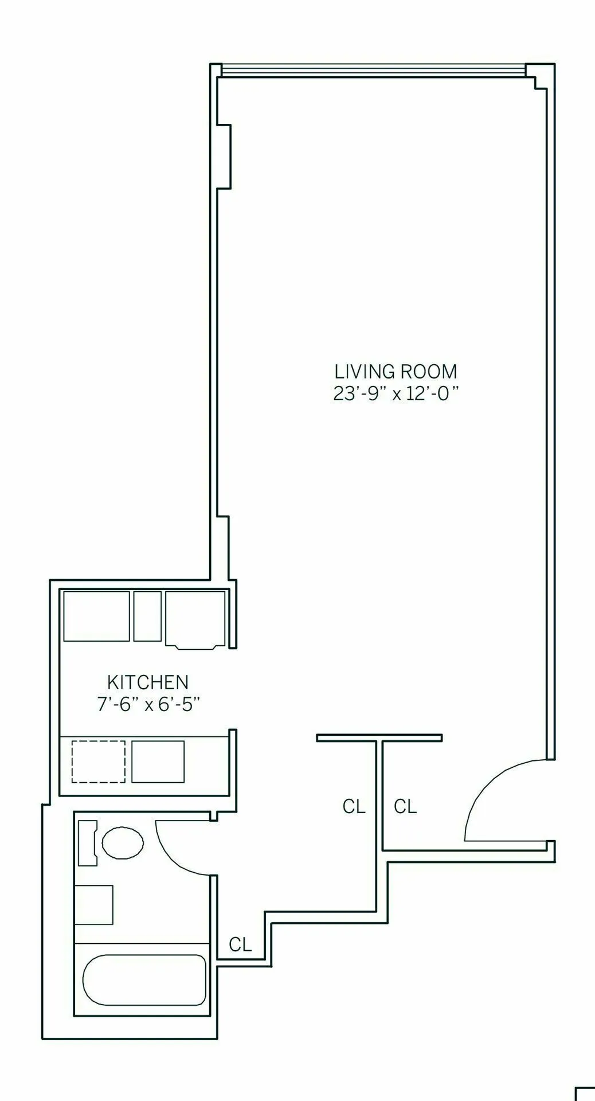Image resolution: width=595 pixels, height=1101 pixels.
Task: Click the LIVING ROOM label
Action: coord(396,372)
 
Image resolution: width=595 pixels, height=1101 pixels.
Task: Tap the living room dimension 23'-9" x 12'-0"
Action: coord(396,395)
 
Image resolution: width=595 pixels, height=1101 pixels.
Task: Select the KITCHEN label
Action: coord(148,682)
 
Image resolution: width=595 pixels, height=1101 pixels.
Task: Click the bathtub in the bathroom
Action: coord(144,980)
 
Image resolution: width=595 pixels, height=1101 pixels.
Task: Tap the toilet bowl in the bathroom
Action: coord(123,842)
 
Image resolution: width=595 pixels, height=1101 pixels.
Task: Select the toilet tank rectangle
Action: coord(87,842)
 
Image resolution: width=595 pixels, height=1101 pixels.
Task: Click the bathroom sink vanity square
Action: coord(94,905)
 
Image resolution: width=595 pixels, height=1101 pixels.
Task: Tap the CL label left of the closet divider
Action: coord(354,807)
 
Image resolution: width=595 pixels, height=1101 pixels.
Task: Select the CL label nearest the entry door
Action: coord(405,807)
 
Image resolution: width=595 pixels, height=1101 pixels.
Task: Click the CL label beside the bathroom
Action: coord(240,944)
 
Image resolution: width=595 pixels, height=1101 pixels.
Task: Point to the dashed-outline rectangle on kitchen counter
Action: coord(99,762)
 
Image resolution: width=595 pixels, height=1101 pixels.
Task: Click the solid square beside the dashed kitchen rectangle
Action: coord(158,762)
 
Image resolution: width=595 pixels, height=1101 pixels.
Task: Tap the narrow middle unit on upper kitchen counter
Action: coord(147,616)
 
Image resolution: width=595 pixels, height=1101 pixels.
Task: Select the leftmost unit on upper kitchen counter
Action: coord(96,616)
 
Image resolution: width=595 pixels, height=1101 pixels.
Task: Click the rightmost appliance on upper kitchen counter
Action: coord(195,618)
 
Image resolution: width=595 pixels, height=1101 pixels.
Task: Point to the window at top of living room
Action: coord(373,71)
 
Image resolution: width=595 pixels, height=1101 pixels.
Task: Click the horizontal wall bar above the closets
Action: coord(379,737)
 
